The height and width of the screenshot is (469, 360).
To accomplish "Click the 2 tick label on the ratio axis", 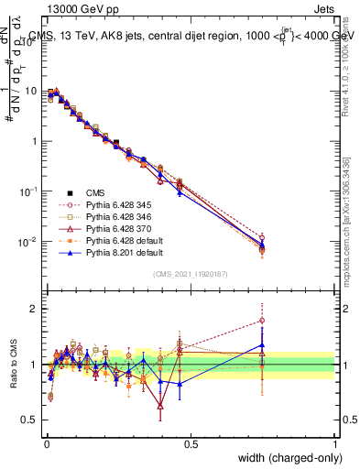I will (x=34, y=309).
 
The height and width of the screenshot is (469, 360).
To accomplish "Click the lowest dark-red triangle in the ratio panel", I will (x=160, y=405).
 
